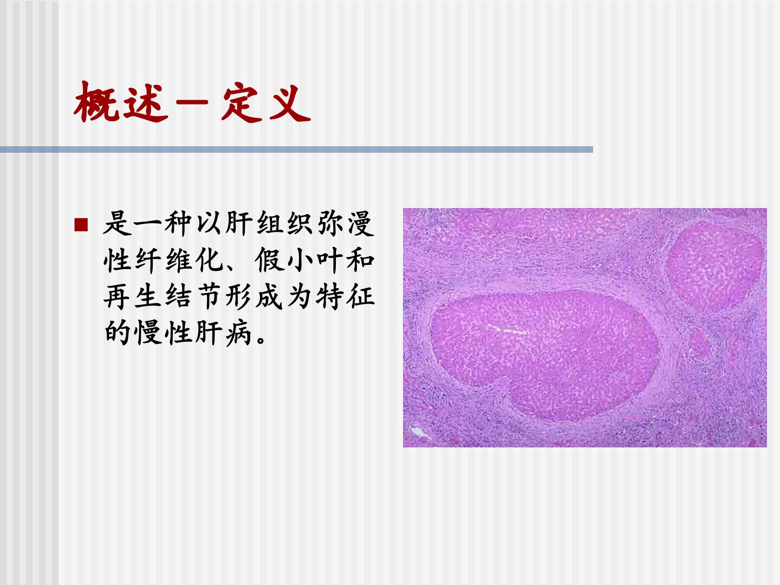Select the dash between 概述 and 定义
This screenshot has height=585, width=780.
click(x=192, y=102)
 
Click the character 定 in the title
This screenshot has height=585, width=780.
click(x=240, y=103)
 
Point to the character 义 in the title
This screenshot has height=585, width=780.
click(x=290, y=103)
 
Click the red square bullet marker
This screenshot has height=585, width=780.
click(x=81, y=225)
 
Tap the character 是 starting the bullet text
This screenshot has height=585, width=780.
click(x=117, y=223)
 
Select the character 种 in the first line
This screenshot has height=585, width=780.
click(x=178, y=223)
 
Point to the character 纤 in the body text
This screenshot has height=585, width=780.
click(x=147, y=260)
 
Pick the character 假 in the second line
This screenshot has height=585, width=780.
click(x=269, y=260)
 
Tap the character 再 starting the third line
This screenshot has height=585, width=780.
click(x=117, y=297)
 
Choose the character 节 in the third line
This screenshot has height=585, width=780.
click(x=209, y=297)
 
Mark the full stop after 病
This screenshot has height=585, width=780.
click(x=261, y=340)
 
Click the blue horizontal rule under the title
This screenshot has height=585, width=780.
click(x=296, y=149)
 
